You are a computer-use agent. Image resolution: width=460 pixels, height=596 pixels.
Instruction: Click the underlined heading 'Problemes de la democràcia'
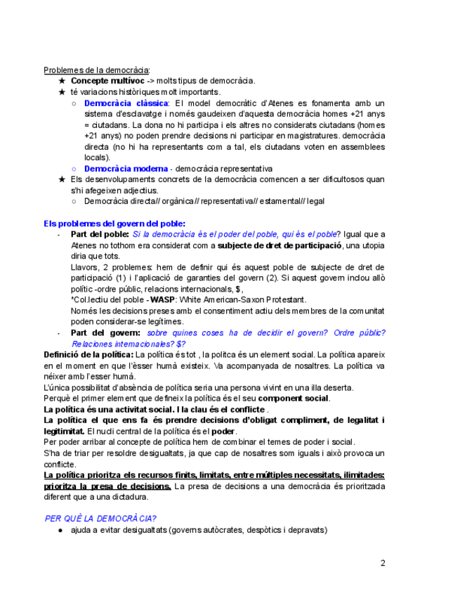pos(96,70)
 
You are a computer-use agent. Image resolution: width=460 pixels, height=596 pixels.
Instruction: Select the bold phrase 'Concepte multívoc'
pos(107,81)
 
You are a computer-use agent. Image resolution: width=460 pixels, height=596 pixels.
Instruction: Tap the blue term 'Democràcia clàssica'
pos(126,103)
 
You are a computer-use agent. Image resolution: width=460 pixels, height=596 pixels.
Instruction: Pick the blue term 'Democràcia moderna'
pos(126,169)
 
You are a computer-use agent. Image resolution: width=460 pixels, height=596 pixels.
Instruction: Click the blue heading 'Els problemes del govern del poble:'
pos(114,223)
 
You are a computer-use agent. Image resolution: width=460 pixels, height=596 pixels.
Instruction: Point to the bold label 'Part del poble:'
pos(100,234)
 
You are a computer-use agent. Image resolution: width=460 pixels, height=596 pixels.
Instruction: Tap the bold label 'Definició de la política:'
pos(88,354)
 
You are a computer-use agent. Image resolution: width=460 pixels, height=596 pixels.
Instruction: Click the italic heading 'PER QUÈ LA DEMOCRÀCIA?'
pos(100,518)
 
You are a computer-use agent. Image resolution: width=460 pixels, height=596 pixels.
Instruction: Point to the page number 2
pos(383,563)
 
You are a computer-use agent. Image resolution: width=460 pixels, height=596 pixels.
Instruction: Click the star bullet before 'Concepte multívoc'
pos(62,81)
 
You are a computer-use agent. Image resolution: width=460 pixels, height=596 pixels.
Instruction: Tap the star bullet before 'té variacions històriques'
pos(62,92)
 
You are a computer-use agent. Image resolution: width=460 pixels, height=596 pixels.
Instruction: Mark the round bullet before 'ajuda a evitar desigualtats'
pos(62,530)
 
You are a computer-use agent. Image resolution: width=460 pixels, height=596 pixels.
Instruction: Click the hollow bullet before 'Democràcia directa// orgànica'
pos(74,201)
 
